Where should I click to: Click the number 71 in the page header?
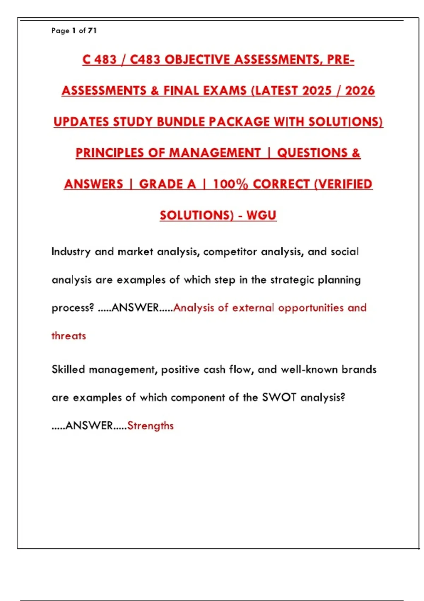pyautogui.click(x=92, y=31)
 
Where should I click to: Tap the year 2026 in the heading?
pyautogui.click(x=360, y=91)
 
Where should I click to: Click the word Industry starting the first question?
pyautogui.click(x=71, y=252)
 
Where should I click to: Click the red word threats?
pyautogui.click(x=69, y=336)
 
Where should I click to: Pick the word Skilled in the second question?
pyautogui.click(x=68, y=369)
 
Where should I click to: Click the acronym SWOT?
pyautogui.click(x=279, y=397)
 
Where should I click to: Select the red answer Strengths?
pyautogui.click(x=151, y=426)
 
